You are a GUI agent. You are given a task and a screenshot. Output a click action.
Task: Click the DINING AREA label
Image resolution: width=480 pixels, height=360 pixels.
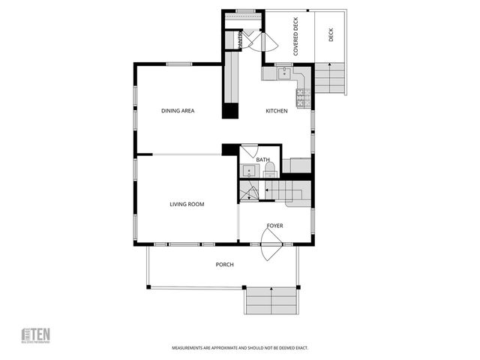178,111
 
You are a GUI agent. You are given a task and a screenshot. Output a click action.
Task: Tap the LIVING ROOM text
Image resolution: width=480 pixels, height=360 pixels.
187,204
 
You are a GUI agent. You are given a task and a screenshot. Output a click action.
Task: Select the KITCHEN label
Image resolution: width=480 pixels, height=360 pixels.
277,111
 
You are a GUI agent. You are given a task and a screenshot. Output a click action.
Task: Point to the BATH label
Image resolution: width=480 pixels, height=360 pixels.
262,160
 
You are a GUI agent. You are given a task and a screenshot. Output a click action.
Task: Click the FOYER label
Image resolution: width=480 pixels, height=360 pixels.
275,225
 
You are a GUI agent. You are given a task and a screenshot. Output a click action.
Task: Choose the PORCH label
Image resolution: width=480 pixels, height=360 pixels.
224,264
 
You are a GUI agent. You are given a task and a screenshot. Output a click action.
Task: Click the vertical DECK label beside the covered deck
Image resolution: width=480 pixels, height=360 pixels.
330,35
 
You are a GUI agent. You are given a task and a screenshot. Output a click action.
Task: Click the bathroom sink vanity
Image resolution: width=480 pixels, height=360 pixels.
249,171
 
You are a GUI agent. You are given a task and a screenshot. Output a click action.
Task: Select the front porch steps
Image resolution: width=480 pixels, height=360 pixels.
271,301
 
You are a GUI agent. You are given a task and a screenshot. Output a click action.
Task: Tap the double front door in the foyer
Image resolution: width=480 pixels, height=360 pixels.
271,245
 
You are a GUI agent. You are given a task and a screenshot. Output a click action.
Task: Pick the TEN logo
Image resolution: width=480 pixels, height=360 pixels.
35,334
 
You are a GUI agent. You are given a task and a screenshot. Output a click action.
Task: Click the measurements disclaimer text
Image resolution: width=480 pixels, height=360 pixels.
240,348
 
